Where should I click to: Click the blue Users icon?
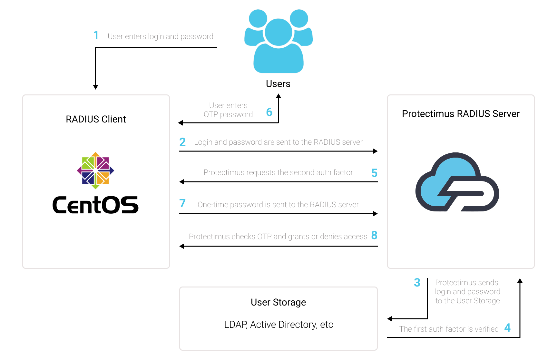[278, 41]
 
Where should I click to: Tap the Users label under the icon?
[278, 84]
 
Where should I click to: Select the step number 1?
[96, 35]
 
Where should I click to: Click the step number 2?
[182, 142]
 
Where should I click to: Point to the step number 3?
[417, 283]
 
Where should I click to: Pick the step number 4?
[507, 328]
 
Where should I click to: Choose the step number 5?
[374, 173]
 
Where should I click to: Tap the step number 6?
[269, 112]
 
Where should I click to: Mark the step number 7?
[182, 203]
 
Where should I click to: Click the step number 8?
[374, 235]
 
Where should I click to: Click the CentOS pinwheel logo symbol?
[95, 170]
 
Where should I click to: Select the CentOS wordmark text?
[95, 205]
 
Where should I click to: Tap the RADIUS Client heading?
[96, 119]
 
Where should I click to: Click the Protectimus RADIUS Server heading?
[461, 114]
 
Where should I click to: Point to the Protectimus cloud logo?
[457, 182]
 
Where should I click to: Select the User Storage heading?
[278, 302]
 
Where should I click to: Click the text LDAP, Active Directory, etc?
[278, 325]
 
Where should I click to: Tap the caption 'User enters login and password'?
[161, 36]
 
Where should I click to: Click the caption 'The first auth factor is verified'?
[449, 329]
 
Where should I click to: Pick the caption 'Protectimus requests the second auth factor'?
[278, 172]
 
